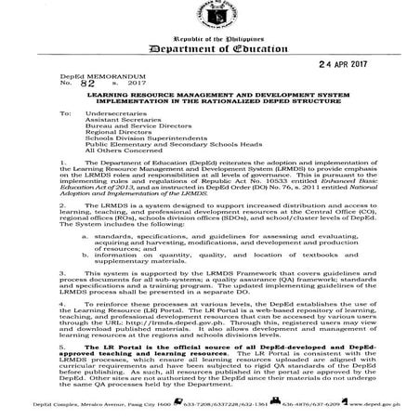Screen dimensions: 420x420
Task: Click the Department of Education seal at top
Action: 209,16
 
